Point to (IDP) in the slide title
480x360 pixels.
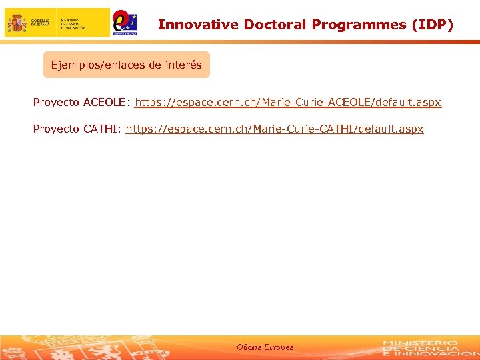433,25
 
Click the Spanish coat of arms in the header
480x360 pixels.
17,23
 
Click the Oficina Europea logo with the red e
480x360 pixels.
125,22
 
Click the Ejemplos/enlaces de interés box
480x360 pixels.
127,65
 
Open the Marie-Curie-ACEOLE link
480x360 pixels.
288,103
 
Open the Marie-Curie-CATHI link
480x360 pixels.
274,129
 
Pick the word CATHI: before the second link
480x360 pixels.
102,129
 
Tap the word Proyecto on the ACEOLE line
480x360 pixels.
57,103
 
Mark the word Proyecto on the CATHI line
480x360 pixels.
57,129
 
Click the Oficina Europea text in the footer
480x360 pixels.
265,347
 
